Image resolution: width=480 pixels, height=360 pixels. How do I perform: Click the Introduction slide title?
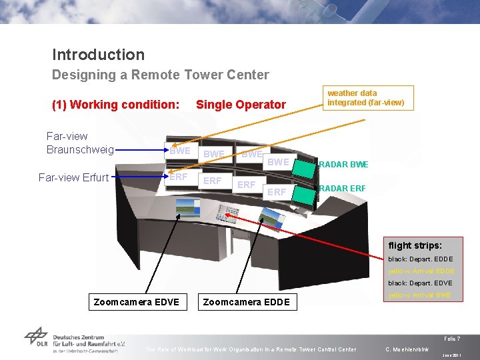point(98,55)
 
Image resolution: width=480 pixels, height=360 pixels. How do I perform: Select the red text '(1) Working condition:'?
point(115,104)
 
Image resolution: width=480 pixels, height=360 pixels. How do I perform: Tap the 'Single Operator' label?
point(240,105)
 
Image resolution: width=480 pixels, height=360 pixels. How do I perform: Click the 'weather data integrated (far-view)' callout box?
point(365,97)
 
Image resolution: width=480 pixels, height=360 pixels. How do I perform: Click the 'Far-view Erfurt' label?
point(74,177)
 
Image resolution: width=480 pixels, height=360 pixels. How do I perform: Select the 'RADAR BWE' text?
point(343,165)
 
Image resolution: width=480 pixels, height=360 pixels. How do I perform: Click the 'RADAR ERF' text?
point(343,188)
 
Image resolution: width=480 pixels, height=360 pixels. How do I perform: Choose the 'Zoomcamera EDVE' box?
point(137,302)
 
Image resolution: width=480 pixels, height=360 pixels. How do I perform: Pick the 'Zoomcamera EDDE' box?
point(246,302)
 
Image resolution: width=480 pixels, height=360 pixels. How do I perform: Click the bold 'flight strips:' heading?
point(415,245)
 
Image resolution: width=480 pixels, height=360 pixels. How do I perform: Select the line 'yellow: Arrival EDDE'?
point(421,271)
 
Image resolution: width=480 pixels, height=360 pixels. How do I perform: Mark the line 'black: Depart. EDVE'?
point(420,283)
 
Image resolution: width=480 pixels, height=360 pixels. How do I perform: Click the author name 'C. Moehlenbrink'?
point(407,349)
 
